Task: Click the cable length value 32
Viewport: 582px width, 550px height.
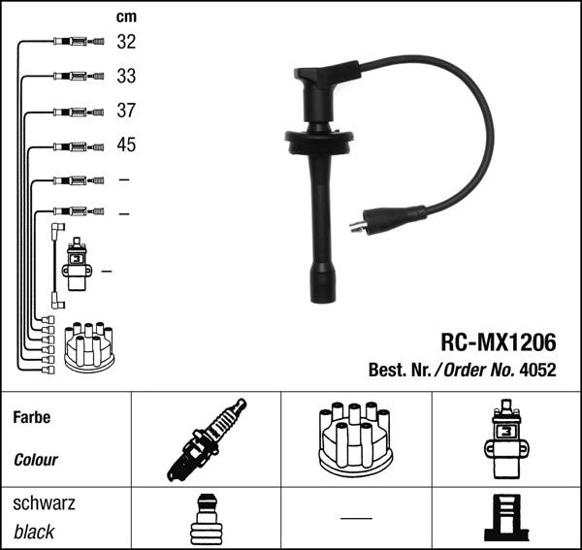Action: coord(126,42)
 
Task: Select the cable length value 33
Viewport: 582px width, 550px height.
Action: coord(126,76)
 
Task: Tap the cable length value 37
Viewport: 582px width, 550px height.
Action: coord(126,111)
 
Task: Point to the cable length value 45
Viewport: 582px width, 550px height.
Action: coord(126,145)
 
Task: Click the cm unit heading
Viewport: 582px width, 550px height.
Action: coord(126,16)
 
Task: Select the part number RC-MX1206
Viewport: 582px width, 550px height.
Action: coord(499,341)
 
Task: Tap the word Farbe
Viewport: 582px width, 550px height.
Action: coord(32,417)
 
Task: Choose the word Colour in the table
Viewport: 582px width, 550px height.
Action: coord(36,460)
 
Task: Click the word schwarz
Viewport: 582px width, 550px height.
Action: coord(44,503)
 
